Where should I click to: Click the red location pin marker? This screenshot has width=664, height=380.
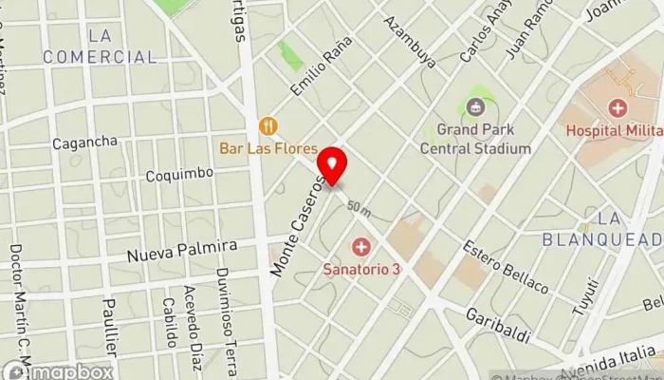[332, 162]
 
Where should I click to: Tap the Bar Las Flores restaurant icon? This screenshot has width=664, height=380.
[268, 125]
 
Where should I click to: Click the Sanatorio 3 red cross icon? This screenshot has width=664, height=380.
[360, 248]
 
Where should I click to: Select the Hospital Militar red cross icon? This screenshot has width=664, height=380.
[618, 108]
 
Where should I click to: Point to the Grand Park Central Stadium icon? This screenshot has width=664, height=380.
[476, 105]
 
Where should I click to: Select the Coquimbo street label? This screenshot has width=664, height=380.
[179, 175]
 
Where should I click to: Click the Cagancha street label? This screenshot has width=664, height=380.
[84, 142]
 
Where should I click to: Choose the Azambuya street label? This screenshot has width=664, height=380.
[411, 41]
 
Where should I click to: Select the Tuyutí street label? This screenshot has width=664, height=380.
[587, 296]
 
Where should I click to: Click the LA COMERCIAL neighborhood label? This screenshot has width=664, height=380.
[99, 47]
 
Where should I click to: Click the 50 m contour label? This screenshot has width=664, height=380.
[359, 207]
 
